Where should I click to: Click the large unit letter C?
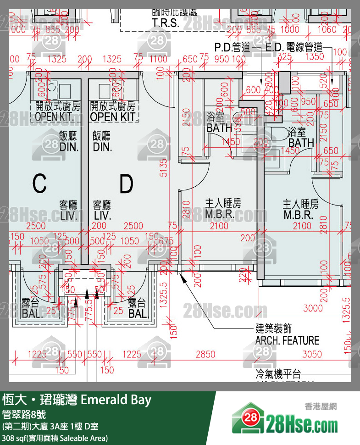pyautogui.click(x=39, y=184)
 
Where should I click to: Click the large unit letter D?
pyautogui.click(x=126, y=184)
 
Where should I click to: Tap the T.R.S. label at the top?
pyautogui.click(x=166, y=23)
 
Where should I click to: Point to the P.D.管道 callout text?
pyautogui.click(x=232, y=47)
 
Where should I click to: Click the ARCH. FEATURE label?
pyautogui.click(x=287, y=340)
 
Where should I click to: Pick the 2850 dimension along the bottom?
pyautogui.click(x=205, y=354)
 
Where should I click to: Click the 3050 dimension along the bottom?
pyautogui.click(x=312, y=354)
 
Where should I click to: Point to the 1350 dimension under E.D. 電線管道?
pyautogui.click(x=315, y=56)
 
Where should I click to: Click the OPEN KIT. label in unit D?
pyautogui.click(x=114, y=117)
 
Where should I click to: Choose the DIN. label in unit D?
pyautogui.click(x=102, y=147)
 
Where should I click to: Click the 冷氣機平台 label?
pyautogui.click(x=278, y=373)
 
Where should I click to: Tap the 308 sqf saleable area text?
pyautogui.click(x=55, y=438)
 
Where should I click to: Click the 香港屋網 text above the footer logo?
pyautogui.click(x=321, y=406)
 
